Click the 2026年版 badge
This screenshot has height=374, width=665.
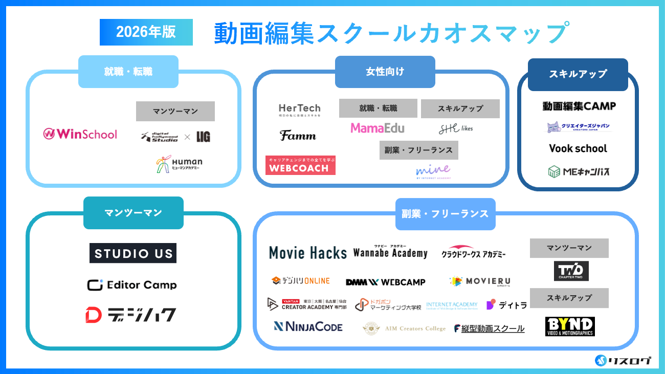[x=146, y=32]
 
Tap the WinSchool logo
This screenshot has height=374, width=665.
[x=80, y=134]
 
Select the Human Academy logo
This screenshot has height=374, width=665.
[x=179, y=163]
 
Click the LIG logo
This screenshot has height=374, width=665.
[x=204, y=137]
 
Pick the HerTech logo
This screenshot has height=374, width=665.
[x=299, y=109]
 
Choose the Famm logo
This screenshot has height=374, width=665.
[x=298, y=136]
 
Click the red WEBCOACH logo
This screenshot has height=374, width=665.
[x=300, y=165]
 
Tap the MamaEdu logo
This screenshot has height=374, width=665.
[x=378, y=128]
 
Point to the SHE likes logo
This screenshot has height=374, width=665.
[x=456, y=128]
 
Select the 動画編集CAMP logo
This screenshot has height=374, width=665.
[x=579, y=106]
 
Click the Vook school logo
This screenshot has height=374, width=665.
[x=578, y=148]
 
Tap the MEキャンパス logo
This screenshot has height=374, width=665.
[x=578, y=171]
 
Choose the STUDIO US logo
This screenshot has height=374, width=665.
[x=133, y=253]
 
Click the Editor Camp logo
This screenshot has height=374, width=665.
[x=132, y=285]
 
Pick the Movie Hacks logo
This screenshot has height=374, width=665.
[x=308, y=253]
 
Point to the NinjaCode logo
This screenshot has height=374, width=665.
[x=308, y=326]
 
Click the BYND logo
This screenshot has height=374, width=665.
[x=570, y=326]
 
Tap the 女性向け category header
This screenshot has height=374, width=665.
[x=385, y=72]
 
